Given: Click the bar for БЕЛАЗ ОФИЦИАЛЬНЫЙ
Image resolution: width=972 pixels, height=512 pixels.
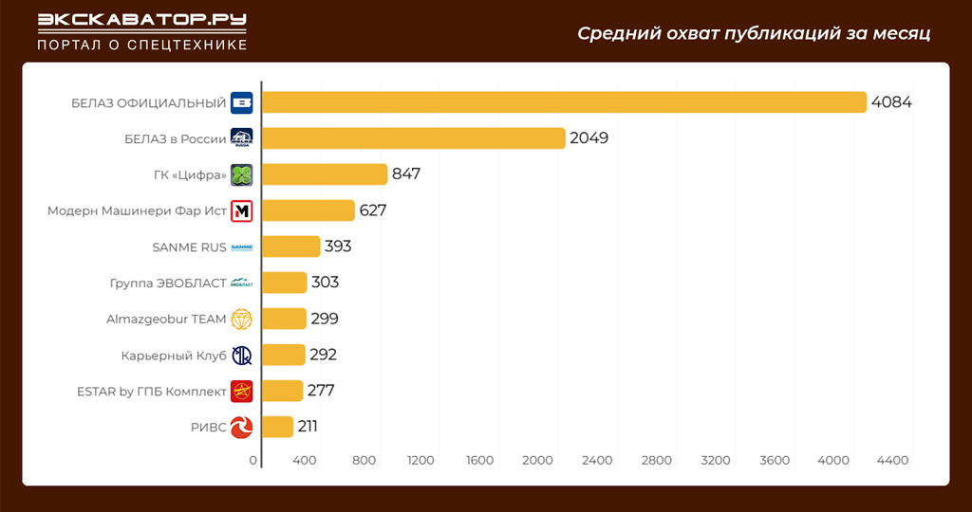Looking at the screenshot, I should [564, 102].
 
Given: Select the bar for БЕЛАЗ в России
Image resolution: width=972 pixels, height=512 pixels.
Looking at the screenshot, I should [413, 138].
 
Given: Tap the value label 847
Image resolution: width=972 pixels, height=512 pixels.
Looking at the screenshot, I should [406, 174].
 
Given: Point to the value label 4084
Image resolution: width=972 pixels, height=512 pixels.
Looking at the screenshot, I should [891, 102].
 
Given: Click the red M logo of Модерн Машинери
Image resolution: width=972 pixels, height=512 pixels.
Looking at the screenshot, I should [242, 210].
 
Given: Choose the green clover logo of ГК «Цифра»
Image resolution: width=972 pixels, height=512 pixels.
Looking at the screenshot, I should [242, 174].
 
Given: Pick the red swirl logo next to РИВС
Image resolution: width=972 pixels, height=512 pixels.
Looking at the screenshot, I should [242, 427].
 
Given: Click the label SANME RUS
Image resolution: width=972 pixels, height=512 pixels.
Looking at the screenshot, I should [189, 247].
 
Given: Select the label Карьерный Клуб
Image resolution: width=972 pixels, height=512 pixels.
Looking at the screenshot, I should [174, 356].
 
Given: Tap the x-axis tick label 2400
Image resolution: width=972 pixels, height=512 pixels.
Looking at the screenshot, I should [597, 461].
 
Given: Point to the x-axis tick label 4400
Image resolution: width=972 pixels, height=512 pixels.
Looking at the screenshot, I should [892, 461].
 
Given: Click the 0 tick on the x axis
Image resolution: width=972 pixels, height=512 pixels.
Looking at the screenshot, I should [253, 461].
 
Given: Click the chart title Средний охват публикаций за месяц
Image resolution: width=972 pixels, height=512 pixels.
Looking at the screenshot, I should [754, 34].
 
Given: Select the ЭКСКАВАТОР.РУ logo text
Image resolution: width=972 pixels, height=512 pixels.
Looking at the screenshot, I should [141, 21].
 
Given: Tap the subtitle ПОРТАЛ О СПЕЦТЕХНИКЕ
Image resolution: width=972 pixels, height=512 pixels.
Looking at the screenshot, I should [141, 45].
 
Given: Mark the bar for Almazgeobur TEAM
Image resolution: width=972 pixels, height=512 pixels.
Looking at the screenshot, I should [284, 319].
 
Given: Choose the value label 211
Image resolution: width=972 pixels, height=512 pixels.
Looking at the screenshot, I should [308, 427].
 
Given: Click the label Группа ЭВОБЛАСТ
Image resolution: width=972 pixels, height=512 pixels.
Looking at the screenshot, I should [168, 283].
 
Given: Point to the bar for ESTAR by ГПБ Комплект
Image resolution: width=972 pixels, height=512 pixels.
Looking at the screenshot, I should [282, 391].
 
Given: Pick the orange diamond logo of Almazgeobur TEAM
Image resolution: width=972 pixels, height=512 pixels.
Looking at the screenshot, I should [242, 320].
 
